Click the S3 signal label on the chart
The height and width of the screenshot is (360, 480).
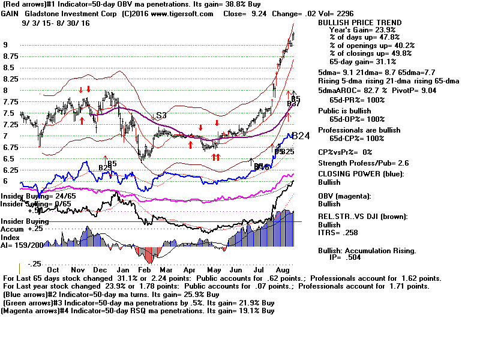tap(161, 115)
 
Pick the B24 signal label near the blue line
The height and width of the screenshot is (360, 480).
tap(300, 136)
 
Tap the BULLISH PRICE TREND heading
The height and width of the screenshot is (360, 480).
tap(359, 22)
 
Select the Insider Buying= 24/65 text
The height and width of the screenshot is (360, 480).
tap(33, 196)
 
